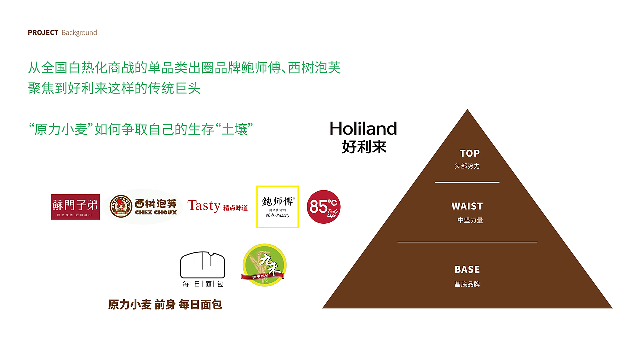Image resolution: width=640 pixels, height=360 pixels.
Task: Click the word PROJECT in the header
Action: point(43,33)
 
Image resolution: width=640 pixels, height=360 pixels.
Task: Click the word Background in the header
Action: point(79,33)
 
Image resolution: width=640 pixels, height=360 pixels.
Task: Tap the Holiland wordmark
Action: point(363,129)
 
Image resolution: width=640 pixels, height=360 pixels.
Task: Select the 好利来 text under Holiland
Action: point(364,147)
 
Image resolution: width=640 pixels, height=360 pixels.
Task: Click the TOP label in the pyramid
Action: point(469,153)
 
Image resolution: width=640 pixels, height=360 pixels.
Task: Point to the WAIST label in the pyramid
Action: point(467,206)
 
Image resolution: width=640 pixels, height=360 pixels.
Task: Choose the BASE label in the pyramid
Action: point(467,270)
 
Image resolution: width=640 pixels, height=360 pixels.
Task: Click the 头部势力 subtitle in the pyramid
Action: point(467,166)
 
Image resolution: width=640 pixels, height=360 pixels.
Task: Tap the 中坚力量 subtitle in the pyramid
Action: point(470,220)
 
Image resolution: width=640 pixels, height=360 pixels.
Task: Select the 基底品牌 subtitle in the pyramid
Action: point(467,284)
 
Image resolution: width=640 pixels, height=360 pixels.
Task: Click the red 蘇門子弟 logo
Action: point(75,207)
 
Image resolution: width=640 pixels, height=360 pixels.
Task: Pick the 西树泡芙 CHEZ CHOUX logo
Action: point(143,207)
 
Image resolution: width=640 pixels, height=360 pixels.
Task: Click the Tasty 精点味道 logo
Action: point(217,206)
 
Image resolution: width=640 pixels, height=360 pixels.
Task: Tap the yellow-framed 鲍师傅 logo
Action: point(277,207)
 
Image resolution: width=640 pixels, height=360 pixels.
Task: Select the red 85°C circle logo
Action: point(324,207)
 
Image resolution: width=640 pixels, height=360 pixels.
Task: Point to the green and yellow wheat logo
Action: point(264,265)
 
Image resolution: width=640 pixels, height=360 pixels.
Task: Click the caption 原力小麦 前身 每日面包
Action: point(165,305)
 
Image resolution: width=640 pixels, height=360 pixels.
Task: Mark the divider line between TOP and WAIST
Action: point(467,182)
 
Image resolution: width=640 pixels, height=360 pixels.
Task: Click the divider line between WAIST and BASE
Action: point(467,242)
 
